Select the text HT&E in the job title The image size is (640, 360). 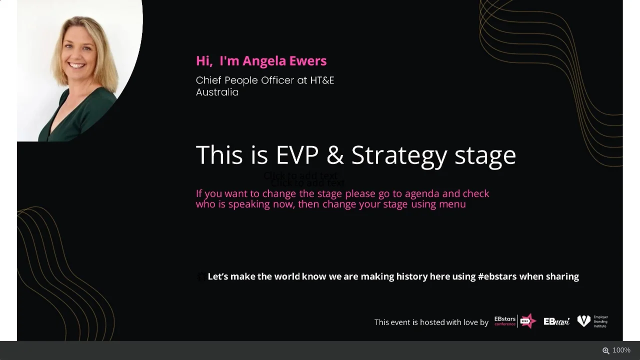tap(322, 80)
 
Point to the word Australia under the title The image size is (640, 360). tap(217, 92)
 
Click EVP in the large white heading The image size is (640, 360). tap(297, 155)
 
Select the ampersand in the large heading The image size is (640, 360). tap(335, 155)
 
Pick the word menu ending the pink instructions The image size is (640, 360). tap(452, 204)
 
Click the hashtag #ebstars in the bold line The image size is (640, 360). tap(497, 276)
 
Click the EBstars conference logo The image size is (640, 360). tap(515, 321)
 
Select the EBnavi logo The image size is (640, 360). tap(556, 321)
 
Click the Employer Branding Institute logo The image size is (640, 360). tap(592, 321)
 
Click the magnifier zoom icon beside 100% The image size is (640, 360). tap(605, 350)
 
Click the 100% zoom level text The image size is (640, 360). tap(621, 350)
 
